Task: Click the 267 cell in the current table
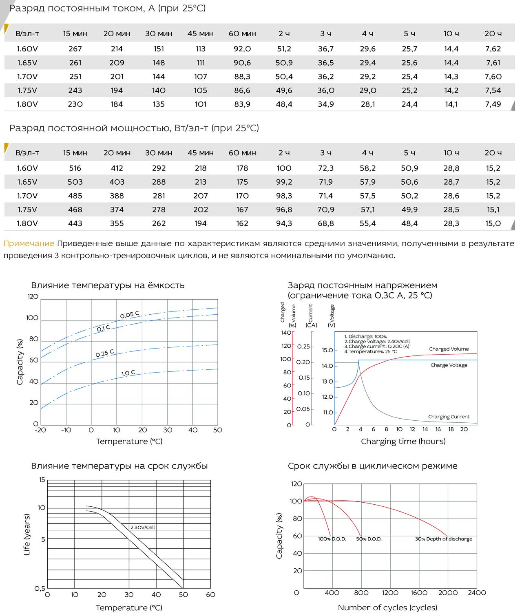(75, 49)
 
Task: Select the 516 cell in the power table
(75, 168)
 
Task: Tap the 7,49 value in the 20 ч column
(493, 104)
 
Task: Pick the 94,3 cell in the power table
(284, 223)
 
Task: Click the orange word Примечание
(29, 243)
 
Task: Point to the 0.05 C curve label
(130, 315)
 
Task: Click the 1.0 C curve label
(128, 373)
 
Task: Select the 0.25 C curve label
(105, 353)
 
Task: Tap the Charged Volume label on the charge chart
(449, 349)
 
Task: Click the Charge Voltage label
(449, 365)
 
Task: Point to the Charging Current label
(449, 417)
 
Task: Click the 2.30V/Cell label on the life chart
(142, 527)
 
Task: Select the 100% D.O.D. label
(332, 539)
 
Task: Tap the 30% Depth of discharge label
(444, 539)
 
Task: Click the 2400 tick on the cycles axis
(477, 593)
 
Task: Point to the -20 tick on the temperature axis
(40, 430)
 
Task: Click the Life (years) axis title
(27, 534)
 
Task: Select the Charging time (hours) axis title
(403, 442)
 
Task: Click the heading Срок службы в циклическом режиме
(372, 466)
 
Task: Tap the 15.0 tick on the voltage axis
(327, 350)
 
